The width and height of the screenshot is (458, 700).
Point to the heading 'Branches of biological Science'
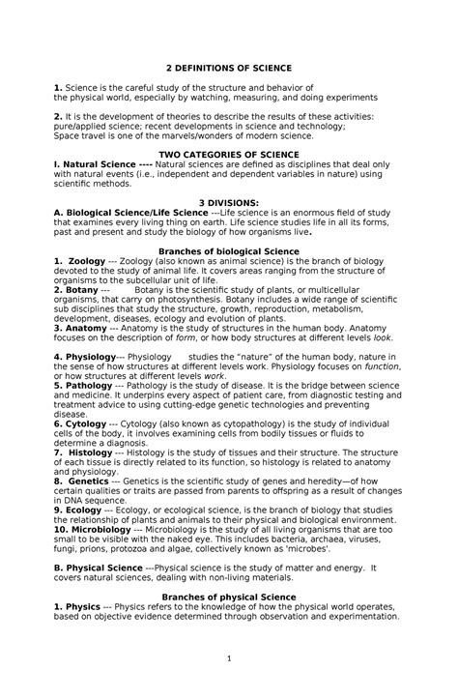tap(228, 250)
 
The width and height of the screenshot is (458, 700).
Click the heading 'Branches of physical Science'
tap(228, 598)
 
